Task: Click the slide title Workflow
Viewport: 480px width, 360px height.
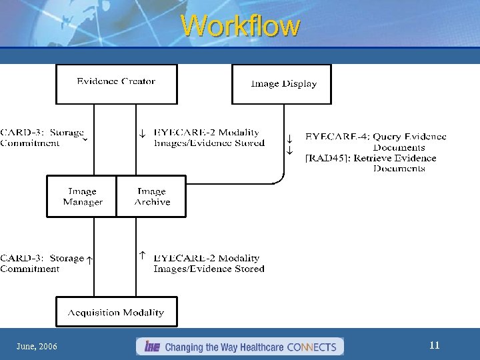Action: (x=240, y=27)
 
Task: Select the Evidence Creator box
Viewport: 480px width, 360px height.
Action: (x=116, y=83)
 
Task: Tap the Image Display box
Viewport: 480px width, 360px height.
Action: (x=281, y=84)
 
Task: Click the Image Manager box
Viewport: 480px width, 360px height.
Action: (x=82, y=197)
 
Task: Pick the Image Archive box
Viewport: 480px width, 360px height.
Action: (x=152, y=197)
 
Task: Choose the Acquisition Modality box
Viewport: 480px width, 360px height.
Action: (x=116, y=313)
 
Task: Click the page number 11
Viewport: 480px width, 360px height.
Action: (x=434, y=345)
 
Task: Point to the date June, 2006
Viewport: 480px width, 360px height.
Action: (x=37, y=347)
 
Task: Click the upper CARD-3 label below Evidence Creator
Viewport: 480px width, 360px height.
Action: (x=41, y=138)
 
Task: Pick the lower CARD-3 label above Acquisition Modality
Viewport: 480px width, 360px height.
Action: (x=41, y=263)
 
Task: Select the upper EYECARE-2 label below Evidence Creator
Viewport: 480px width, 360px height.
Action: (x=208, y=138)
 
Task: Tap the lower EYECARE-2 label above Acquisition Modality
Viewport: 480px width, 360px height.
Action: (x=208, y=263)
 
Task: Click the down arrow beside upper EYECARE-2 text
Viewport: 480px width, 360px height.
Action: (x=142, y=133)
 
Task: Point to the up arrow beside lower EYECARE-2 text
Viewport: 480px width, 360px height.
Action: (x=142, y=255)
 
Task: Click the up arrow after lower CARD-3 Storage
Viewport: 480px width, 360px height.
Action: (x=89, y=260)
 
